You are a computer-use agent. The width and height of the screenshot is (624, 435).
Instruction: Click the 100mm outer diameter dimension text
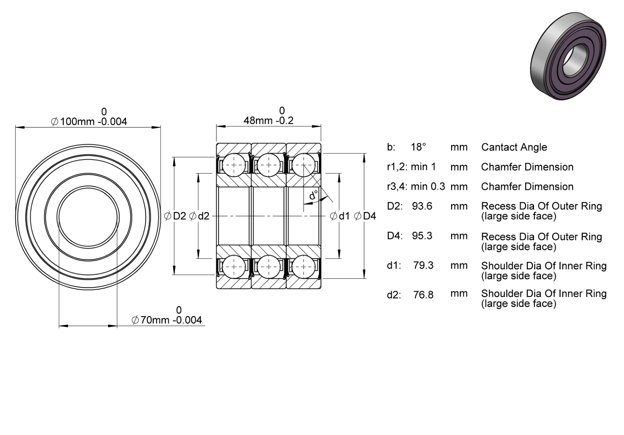tap(89, 122)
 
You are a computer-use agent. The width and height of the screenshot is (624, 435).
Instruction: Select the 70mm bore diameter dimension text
tap(167, 320)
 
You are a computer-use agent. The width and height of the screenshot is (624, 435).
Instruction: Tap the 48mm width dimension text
tap(269, 120)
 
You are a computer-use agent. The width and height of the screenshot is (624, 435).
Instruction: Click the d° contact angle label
tap(314, 195)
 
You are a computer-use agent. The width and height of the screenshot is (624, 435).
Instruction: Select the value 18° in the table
tap(418, 147)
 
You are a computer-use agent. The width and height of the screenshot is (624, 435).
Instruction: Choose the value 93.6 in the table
tap(422, 206)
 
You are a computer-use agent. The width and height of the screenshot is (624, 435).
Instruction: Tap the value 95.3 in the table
tap(422, 236)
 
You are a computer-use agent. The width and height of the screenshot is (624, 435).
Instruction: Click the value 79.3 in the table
tap(423, 265)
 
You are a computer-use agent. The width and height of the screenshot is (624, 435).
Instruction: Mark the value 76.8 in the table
tap(423, 295)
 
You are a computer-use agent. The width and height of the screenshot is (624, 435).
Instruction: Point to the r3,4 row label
tap(397, 187)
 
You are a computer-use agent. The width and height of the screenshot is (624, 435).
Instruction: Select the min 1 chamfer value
tap(423, 167)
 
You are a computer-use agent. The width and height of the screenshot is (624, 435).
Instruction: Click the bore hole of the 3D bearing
tap(575, 60)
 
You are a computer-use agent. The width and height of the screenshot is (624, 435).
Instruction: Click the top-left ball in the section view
tap(234, 165)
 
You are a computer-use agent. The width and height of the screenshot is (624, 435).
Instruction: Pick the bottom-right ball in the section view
tap(304, 267)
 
